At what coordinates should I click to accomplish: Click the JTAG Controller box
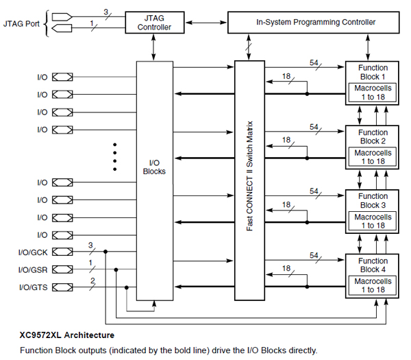point(154,22)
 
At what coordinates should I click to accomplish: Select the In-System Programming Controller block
point(316,22)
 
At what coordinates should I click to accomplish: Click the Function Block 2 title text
point(374,136)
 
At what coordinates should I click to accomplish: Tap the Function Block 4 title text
point(374,265)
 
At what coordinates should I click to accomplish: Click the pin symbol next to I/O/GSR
point(62,269)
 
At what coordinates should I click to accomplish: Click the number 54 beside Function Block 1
point(315,62)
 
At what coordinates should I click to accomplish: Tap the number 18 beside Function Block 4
point(286,269)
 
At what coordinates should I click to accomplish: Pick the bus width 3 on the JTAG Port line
point(105,12)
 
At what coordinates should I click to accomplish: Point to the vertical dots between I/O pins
point(115,156)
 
